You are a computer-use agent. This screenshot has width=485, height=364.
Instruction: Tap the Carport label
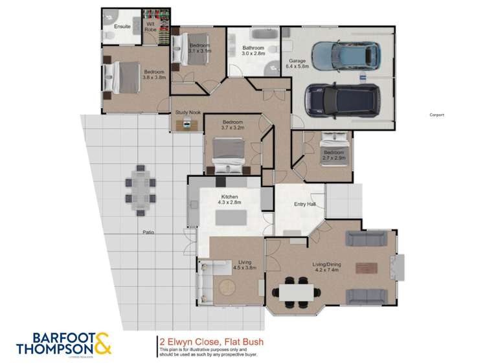click(437, 115)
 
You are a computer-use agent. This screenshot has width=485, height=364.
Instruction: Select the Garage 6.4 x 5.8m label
click(298, 63)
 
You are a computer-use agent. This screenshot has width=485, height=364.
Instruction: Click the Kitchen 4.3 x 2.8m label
click(230, 199)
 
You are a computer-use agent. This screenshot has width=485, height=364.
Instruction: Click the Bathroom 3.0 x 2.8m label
click(253, 51)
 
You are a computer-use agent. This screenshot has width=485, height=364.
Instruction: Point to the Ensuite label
click(122, 27)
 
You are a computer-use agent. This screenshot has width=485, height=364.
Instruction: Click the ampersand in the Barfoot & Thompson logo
click(104, 343)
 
